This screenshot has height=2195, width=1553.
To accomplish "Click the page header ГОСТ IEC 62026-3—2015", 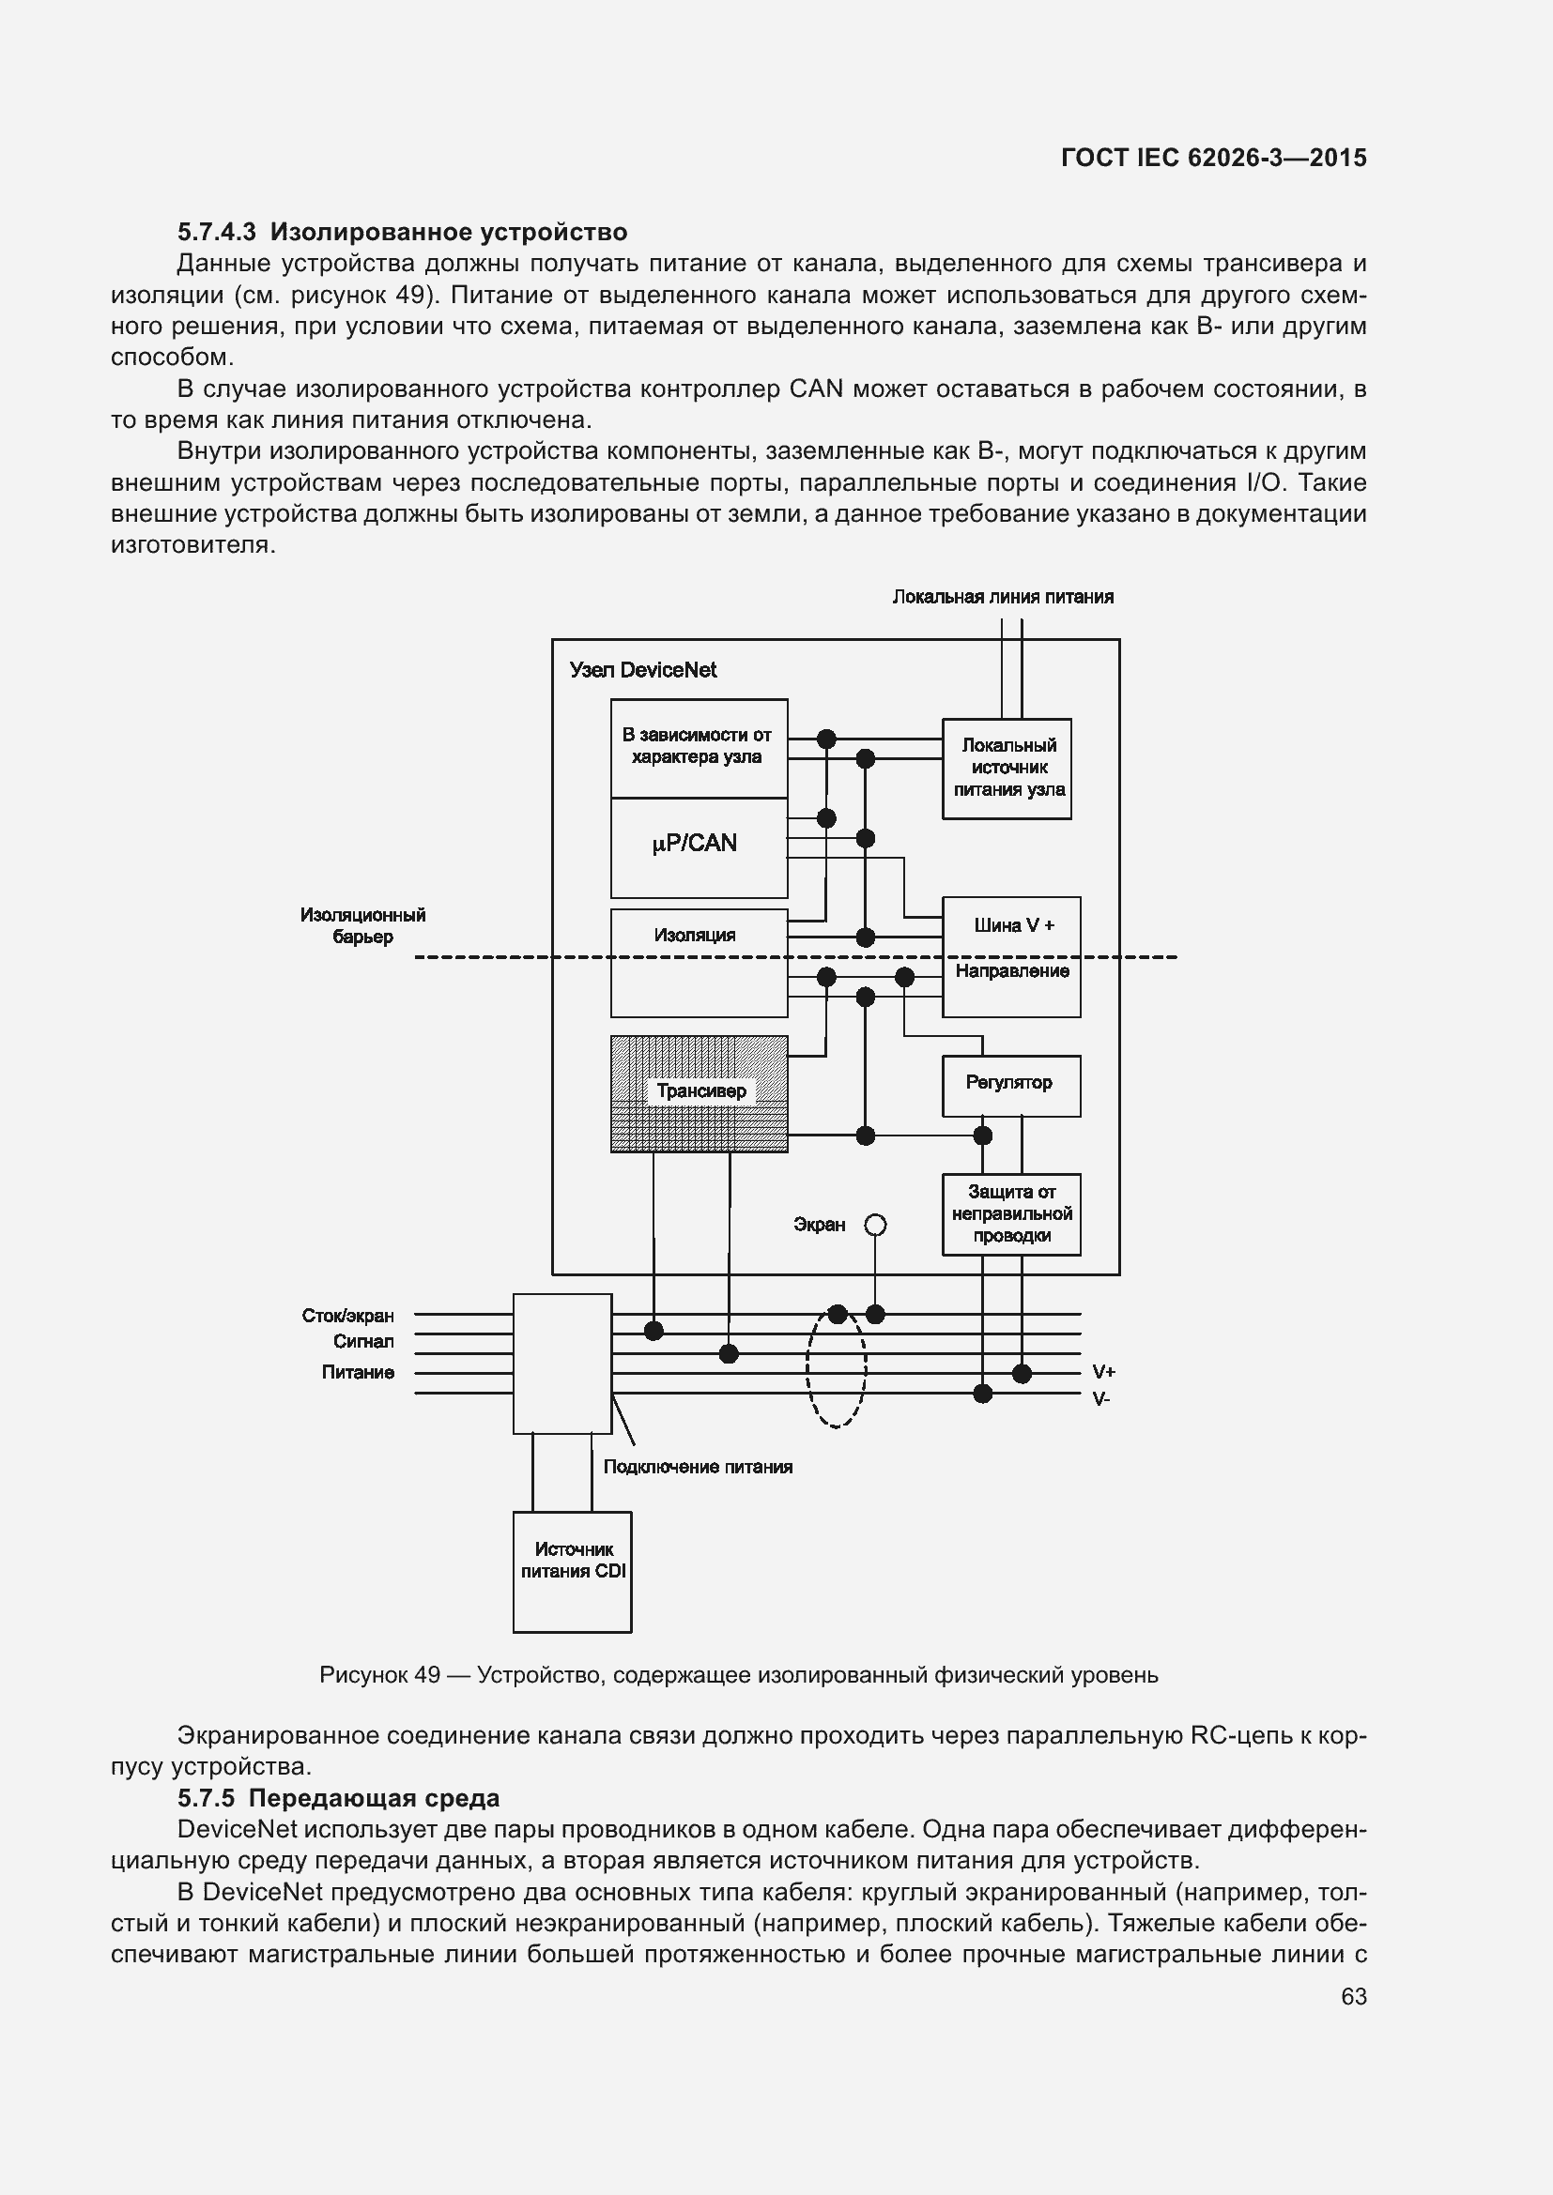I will [1213, 158].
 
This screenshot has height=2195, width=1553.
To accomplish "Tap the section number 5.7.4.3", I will [216, 233].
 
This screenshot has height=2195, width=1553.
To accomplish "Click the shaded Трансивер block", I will [700, 1092].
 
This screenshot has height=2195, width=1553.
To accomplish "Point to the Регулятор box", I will [1011, 1084].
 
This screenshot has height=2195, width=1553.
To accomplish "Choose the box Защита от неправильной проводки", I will [1011, 1213].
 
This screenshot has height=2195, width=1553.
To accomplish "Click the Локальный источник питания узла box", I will [1006, 768].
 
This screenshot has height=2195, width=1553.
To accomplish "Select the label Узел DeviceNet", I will [642, 670].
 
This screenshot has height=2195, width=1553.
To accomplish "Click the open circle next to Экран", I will [874, 1225].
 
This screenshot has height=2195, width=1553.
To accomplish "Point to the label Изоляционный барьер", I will [362, 925].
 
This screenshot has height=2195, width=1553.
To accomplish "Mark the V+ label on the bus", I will [1103, 1372].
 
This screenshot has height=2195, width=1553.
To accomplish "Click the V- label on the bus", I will [1101, 1398].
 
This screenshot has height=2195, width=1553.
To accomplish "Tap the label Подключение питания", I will [697, 1467].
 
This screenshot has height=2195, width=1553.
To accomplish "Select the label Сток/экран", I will [347, 1316].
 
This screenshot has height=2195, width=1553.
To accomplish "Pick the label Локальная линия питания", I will [1002, 597].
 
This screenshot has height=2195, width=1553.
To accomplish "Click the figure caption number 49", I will [427, 1675].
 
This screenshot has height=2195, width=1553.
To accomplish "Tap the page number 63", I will [1353, 1996].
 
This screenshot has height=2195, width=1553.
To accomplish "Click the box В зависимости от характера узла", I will [698, 747].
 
